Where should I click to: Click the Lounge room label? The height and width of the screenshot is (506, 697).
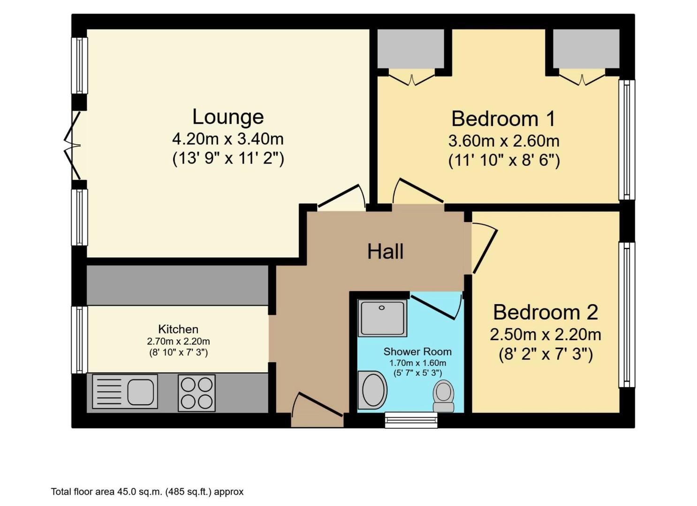click(228, 117)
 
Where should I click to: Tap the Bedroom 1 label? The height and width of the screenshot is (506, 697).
click(503, 119)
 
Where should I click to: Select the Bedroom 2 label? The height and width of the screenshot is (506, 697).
click(545, 312)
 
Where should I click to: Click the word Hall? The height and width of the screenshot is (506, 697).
click(385, 252)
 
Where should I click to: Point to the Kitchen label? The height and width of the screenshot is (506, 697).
click(178, 329)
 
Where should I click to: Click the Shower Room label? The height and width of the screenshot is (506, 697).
click(417, 351)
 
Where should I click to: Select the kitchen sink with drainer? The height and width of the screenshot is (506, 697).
click(125, 391)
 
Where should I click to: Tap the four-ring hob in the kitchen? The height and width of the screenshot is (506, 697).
click(197, 393)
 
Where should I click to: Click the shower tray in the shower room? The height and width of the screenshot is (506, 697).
click(382, 318)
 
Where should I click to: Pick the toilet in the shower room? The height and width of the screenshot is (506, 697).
click(443, 396)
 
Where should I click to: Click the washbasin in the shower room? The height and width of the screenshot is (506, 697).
click(372, 390)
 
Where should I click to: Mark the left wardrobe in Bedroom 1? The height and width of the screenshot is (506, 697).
click(411, 49)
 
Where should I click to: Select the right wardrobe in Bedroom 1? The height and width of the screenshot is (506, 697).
click(586, 49)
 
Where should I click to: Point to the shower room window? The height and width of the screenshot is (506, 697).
click(411, 420)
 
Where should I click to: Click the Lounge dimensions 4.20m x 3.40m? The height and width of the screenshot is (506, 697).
click(228, 139)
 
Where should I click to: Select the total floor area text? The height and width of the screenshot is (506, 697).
click(147, 492)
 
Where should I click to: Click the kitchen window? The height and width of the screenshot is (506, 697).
click(80, 340)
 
